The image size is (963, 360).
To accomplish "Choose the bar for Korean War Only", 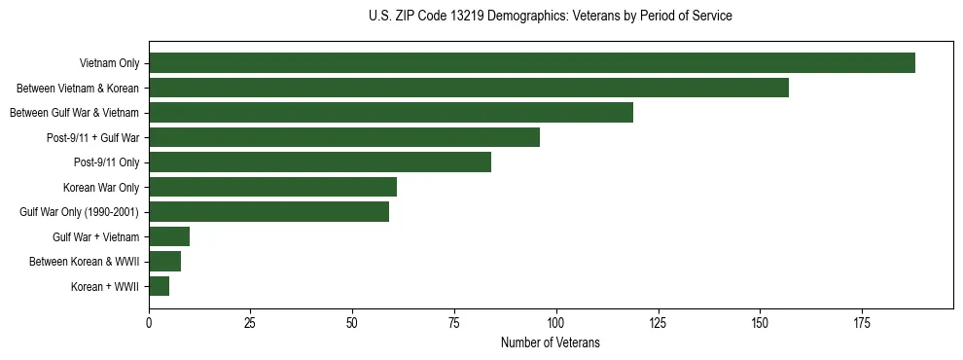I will pyautogui.click(x=272, y=187).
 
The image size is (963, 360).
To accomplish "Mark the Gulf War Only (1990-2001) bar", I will pyautogui.click(x=268, y=212).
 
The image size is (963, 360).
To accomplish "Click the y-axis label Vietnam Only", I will pyautogui.click(x=109, y=64).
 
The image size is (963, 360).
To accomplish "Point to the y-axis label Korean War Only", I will pyautogui.click(x=101, y=187).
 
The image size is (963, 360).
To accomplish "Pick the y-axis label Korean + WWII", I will pyautogui.click(x=105, y=287).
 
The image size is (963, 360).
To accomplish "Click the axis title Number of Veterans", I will pyautogui.click(x=550, y=343).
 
